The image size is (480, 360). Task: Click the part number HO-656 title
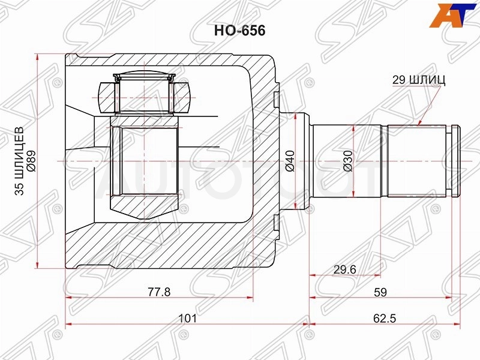pyautogui.click(x=239, y=31)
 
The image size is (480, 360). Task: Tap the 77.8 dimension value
pyautogui.click(x=159, y=292)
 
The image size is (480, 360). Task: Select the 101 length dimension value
pyautogui.click(x=187, y=319)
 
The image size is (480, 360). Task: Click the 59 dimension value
pyautogui.click(x=380, y=292)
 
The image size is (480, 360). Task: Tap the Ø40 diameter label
pyautogui.click(x=290, y=161)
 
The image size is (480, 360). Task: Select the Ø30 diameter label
pyautogui.click(x=348, y=161)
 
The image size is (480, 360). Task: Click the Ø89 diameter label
pyautogui.click(x=32, y=161)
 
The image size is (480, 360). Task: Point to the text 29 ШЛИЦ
pyautogui.click(x=418, y=80)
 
